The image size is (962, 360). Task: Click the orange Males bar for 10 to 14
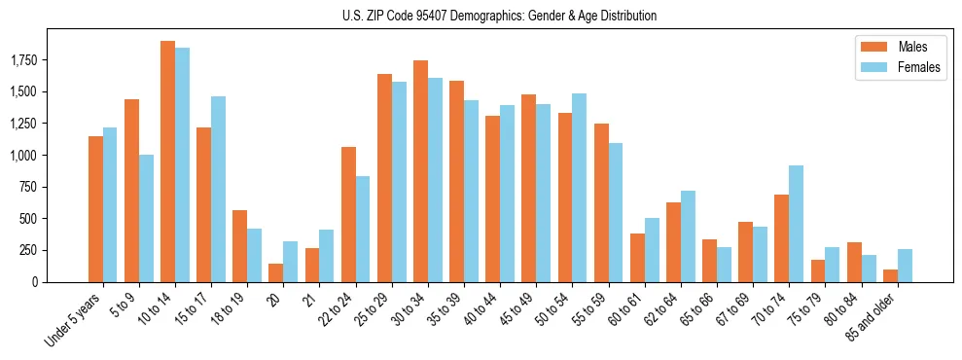click(167, 162)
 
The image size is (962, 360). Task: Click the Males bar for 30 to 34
click(420, 171)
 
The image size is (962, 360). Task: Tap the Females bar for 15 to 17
click(219, 190)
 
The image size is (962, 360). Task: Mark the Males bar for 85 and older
click(890, 276)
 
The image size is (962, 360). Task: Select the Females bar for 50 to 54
click(580, 188)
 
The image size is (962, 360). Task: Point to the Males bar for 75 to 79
click(818, 271)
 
